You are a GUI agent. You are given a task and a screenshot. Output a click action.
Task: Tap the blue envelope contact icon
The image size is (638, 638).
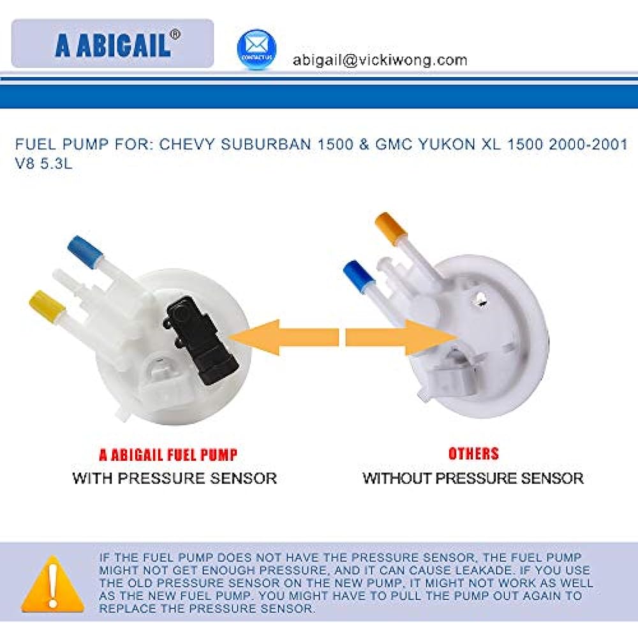pos(256,49)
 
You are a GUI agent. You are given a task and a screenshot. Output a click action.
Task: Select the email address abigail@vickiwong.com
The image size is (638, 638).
pos(380,60)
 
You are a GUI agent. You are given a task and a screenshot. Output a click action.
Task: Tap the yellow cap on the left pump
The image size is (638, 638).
pos(47,306)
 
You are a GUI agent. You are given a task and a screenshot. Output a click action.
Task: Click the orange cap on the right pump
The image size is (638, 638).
pos(390,229)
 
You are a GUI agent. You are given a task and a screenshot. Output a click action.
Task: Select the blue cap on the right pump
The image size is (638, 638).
pos(359,276)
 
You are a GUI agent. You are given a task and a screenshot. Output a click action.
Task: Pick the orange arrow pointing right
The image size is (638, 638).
pos(401,338)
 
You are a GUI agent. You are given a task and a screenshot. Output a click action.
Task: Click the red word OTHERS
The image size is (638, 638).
pos(473,453)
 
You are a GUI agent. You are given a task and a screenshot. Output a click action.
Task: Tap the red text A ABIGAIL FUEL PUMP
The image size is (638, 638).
pos(168,454)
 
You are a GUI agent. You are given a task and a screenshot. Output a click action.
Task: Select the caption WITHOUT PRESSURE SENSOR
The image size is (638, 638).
pos(473,478)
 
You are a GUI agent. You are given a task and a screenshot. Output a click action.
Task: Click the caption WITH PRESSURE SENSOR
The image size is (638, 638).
pos(175,478)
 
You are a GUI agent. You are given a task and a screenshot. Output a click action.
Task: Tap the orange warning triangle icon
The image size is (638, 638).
pos(52,584)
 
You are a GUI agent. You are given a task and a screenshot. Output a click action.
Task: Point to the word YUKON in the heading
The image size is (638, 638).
pos(447,144)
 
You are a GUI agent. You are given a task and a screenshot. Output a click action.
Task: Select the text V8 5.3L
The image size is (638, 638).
pos(43,163)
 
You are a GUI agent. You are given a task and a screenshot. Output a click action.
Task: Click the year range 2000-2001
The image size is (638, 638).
pos(588,144)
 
